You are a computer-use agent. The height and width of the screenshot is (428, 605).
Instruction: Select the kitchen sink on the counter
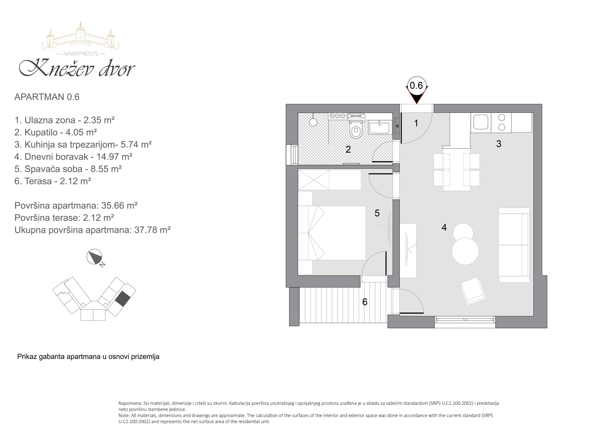coord(481,122)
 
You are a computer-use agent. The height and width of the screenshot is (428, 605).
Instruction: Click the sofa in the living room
coord(514,245)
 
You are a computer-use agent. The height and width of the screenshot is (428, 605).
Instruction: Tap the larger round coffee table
coord(465,251)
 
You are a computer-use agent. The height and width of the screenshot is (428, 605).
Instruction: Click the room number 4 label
coord(444,227)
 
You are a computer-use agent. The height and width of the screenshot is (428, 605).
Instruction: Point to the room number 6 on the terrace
coord(365,302)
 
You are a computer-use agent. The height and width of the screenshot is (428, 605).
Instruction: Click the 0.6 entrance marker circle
coord(416,85)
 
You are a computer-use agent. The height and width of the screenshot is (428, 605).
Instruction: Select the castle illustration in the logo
coord(81,36)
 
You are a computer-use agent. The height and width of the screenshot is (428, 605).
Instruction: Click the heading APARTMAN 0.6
coord(47,97)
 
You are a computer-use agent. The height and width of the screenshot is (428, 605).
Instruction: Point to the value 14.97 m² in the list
coord(114,157)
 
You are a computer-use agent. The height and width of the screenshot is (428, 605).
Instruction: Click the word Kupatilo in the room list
coord(41,132)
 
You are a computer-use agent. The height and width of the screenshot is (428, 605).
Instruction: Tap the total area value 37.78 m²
coord(153,230)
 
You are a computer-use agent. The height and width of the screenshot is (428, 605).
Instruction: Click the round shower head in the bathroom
coord(313,122)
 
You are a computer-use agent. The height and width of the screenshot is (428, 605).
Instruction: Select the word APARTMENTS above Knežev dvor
coord(81,54)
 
